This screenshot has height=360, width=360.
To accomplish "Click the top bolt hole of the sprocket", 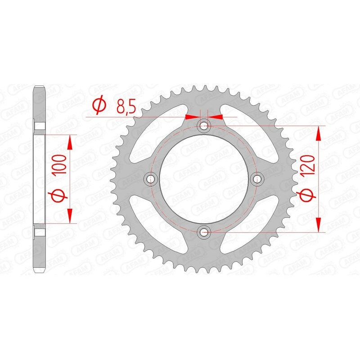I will (x=204, y=125).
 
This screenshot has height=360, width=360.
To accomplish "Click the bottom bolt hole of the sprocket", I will (x=204, y=232).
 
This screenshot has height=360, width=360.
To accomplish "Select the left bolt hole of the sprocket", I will (x=150, y=180).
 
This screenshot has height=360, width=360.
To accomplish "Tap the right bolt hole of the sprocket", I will (x=258, y=180).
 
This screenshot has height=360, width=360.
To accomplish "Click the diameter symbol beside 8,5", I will (x=99, y=106).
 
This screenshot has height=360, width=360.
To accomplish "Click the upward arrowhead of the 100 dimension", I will (x=70, y=142).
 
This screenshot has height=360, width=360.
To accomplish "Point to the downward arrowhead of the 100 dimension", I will (x=70, y=216).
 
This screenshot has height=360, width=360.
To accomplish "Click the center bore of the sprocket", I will (x=204, y=180).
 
